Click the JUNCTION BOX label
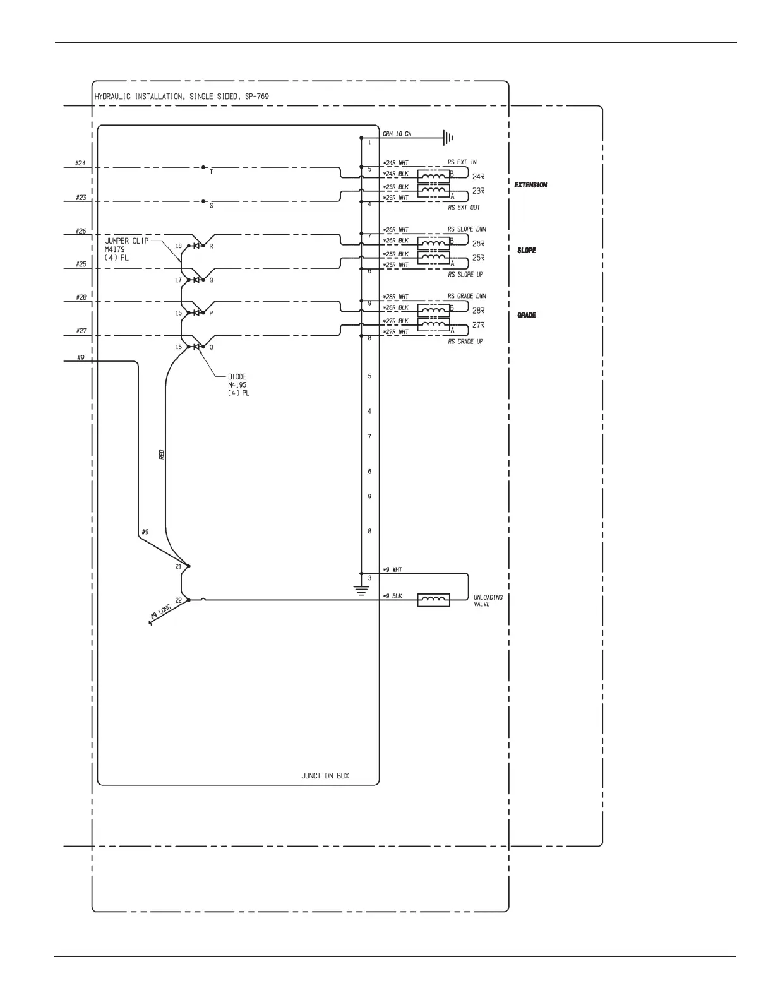pyautogui.click(x=325, y=776)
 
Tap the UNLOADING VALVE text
pyautogui.click(x=488, y=600)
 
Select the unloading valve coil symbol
pyautogui.click(x=434, y=600)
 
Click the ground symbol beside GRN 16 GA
pyautogui.click(x=447, y=137)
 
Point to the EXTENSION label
pyautogui.click(x=530, y=185)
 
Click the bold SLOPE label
pyautogui.click(x=527, y=251)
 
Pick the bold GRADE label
pyautogui.click(x=527, y=315)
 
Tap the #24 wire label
pyautogui.click(x=80, y=164)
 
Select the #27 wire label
pyautogui.click(x=81, y=331)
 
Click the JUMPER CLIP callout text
pyautogui.click(x=126, y=241)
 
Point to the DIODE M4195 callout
pyautogui.click(x=238, y=384)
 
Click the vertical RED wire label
pyautogui.click(x=162, y=454)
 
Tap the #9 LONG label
pyautogui.click(x=160, y=612)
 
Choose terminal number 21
pyautogui.click(x=178, y=566)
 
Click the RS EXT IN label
pyautogui.click(x=462, y=162)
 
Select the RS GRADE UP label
pyautogui.click(x=465, y=342)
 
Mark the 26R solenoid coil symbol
pyautogui.click(x=434, y=242)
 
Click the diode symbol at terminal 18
pyautogui.click(x=196, y=246)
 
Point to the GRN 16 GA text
pyautogui.click(x=397, y=134)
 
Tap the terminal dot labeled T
pyautogui.click(x=203, y=167)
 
